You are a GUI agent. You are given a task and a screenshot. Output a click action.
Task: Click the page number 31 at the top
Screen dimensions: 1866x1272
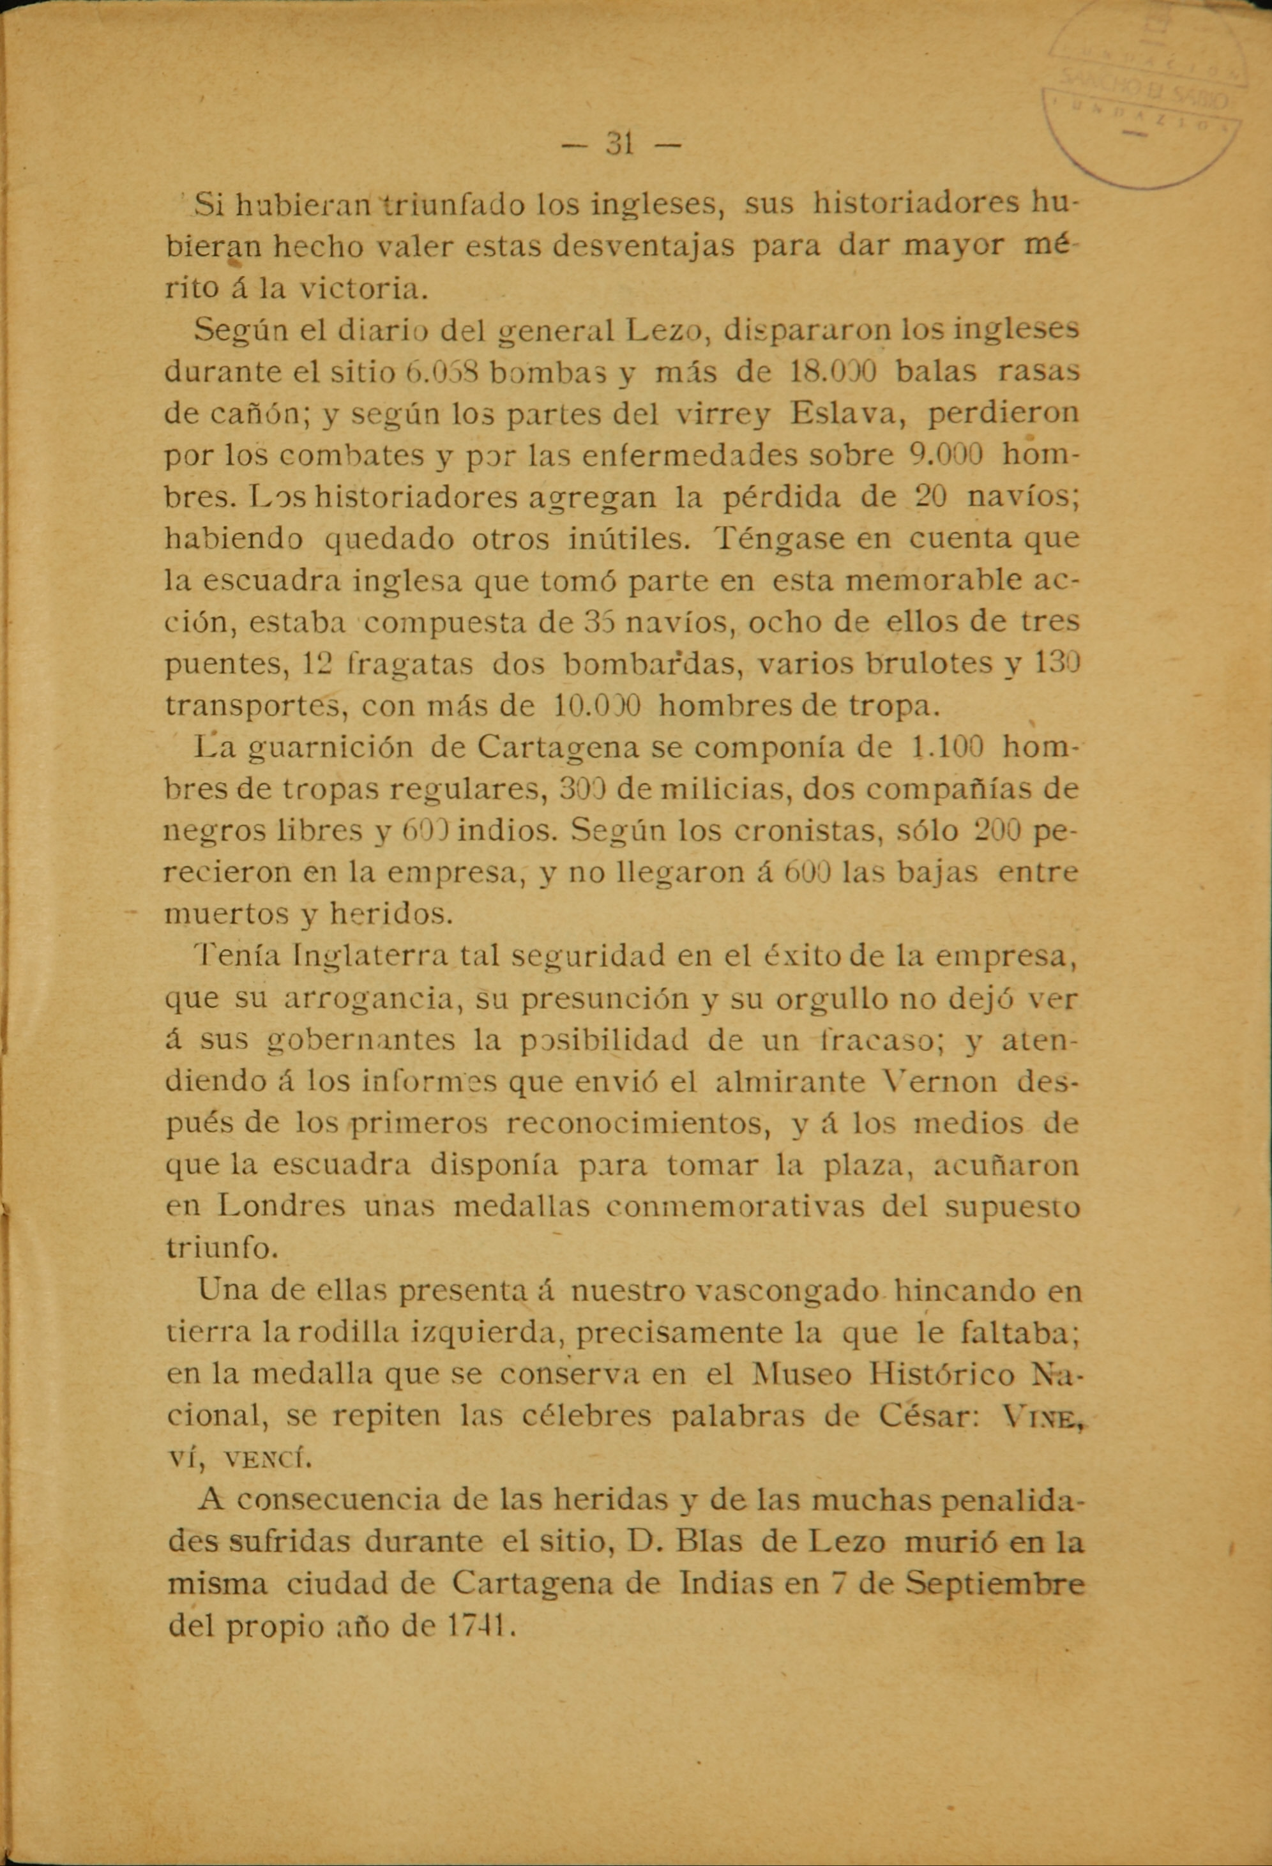click(620, 144)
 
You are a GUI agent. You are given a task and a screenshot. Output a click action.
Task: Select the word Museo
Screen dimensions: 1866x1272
click(800, 1376)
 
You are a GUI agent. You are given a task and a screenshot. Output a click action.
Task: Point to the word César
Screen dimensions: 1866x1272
click(927, 1416)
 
